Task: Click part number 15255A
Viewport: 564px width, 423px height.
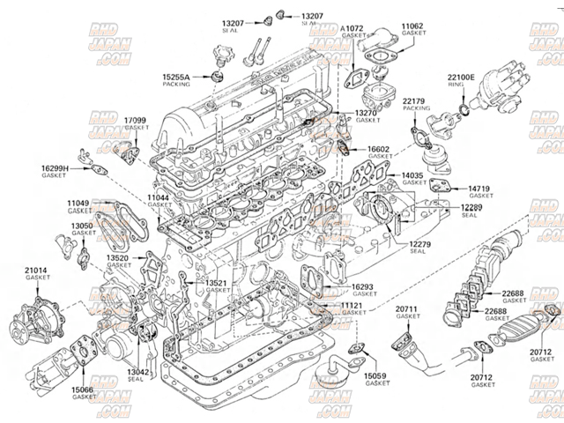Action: [176, 78]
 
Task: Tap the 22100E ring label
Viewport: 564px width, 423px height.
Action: [461, 78]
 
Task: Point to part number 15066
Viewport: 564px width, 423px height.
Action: [85, 389]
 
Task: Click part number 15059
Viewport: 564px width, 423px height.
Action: [377, 375]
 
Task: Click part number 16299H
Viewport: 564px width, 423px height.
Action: [56, 167]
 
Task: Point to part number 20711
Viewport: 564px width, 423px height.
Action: [406, 308]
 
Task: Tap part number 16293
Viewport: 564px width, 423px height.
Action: [363, 286]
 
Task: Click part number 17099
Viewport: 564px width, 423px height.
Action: [136, 119]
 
